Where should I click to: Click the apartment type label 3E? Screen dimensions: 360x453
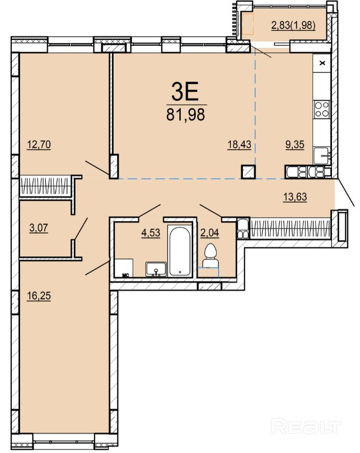pyautogui.click(x=185, y=91)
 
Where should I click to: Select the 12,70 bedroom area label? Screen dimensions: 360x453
pyautogui.click(x=39, y=144)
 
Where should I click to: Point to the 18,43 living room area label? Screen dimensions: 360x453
pyautogui.click(x=239, y=144)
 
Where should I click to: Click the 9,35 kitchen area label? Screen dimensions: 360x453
pyautogui.click(x=295, y=144)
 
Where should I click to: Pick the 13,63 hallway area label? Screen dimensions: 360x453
pyautogui.click(x=295, y=197)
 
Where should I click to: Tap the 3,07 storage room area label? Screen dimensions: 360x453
pyautogui.click(x=39, y=228)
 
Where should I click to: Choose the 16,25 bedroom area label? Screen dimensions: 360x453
pyautogui.click(x=39, y=296)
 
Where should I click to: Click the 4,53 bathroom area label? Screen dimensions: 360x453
pyautogui.click(x=151, y=232)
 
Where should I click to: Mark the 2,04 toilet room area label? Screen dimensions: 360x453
pyautogui.click(x=210, y=232)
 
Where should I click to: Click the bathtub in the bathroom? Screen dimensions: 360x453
pyautogui.click(x=180, y=251)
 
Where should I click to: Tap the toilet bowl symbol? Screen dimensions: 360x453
pyautogui.click(x=210, y=255)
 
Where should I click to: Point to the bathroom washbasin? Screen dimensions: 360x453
pyautogui.click(x=156, y=269)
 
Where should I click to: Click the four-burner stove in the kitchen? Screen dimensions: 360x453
pyautogui.click(x=322, y=109)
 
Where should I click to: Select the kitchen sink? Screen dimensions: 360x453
pyautogui.click(x=321, y=156)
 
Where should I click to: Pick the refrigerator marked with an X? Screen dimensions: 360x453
pyautogui.click(x=321, y=63)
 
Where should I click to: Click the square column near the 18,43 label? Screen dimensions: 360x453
pyautogui.click(x=248, y=172)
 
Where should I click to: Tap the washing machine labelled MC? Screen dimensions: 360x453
pyautogui.click(x=124, y=268)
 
